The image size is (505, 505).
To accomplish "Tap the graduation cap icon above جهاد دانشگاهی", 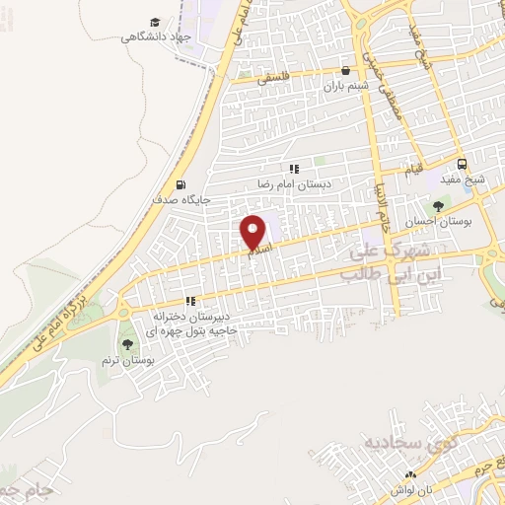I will (x=155, y=22).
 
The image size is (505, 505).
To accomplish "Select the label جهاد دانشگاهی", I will (x=155, y=37).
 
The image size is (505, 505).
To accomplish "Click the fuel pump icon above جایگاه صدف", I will (x=179, y=184).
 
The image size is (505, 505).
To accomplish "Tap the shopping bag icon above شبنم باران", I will (x=345, y=71).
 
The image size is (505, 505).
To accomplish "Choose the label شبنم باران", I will (x=345, y=86).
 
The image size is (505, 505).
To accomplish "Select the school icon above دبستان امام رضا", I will (x=293, y=170).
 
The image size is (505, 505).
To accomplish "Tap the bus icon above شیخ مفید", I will (x=461, y=165).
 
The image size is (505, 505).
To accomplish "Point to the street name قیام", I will (x=416, y=170).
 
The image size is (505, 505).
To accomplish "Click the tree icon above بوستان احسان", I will (x=436, y=206).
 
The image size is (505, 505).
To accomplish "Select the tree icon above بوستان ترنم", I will (x=127, y=343).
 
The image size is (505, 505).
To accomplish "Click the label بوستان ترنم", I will (x=123, y=359).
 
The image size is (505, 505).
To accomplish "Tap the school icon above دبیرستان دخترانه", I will (x=190, y=302).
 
